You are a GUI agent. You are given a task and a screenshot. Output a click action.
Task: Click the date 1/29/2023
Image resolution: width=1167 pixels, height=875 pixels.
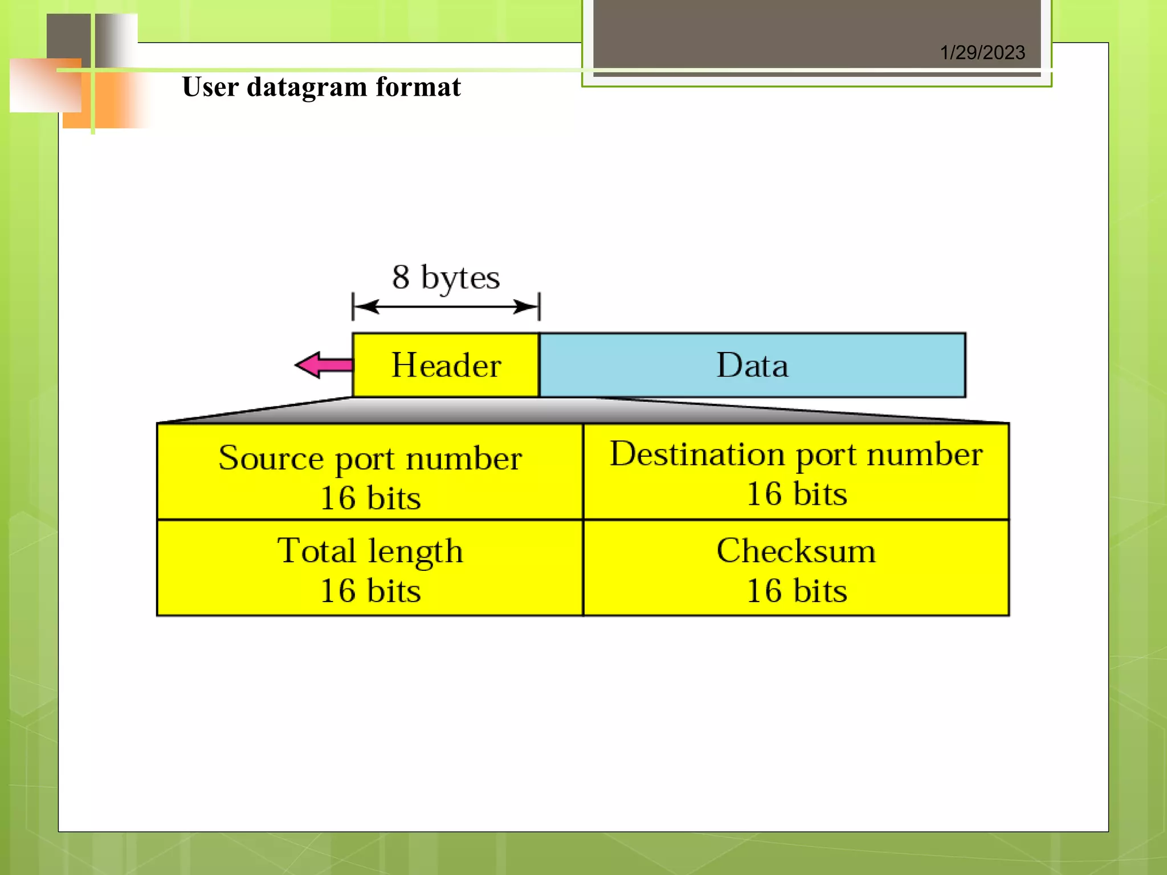(x=982, y=53)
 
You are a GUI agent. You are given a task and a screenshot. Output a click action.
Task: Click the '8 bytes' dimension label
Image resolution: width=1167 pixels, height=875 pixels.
(x=446, y=277)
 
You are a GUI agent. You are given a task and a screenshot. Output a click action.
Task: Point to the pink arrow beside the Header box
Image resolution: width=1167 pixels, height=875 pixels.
(x=323, y=365)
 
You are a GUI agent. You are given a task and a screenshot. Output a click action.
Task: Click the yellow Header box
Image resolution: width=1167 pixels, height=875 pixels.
(x=446, y=365)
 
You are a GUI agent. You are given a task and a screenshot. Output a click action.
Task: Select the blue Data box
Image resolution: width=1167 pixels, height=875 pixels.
(x=752, y=365)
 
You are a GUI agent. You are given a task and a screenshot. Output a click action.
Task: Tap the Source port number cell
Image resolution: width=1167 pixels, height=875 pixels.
(x=370, y=472)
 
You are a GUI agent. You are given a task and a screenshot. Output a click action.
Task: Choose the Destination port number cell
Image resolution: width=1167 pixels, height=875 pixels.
(x=796, y=472)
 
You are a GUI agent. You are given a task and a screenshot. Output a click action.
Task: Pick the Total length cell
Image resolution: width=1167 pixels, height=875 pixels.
(x=370, y=568)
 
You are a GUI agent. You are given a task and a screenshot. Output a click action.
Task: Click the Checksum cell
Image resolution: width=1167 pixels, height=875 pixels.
(x=796, y=568)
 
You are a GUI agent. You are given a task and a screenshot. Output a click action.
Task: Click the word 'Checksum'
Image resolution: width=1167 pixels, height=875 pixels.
(x=796, y=551)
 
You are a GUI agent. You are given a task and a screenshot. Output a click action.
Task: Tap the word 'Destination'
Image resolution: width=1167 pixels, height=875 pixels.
(x=697, y=454)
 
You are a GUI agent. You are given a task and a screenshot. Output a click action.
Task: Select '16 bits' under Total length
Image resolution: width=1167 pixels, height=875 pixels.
(x=370, y=591)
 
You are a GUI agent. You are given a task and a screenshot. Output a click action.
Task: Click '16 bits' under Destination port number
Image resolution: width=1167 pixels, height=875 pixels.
(x=797, y=494)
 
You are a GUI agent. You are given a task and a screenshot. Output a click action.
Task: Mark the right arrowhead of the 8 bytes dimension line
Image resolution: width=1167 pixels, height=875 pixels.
(x=527, y=307)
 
